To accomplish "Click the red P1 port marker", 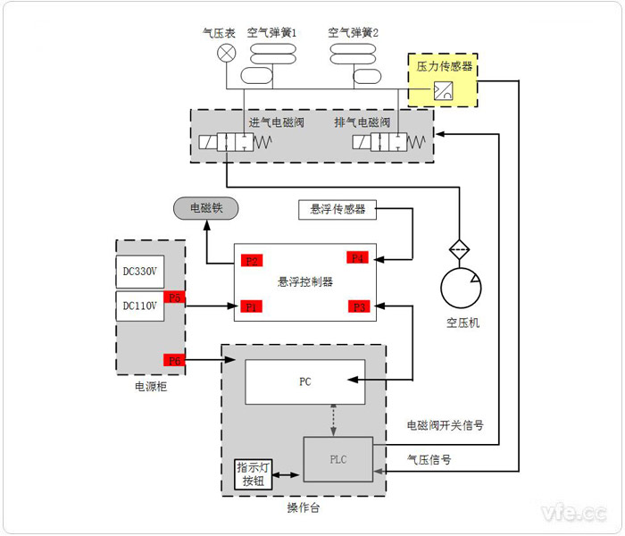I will (x=252, y=306).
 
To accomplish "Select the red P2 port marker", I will (x=252, y=262).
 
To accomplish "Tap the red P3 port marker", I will (x=358, y=306).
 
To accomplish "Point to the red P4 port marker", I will (x=358, y=258).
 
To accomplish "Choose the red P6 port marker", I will (x=174, y=360).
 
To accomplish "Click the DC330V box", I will (x=139, y=271).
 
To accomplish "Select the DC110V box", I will (x=139, y=306).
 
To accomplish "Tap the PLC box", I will (x=337, y=459).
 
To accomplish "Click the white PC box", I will (x=304, y=381).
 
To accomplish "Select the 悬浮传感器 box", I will (x=337, y=210).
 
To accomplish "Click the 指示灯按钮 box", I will (x=249, y=474).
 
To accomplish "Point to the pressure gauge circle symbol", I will (x=227, y=53).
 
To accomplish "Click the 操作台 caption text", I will (x=303, y=507).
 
